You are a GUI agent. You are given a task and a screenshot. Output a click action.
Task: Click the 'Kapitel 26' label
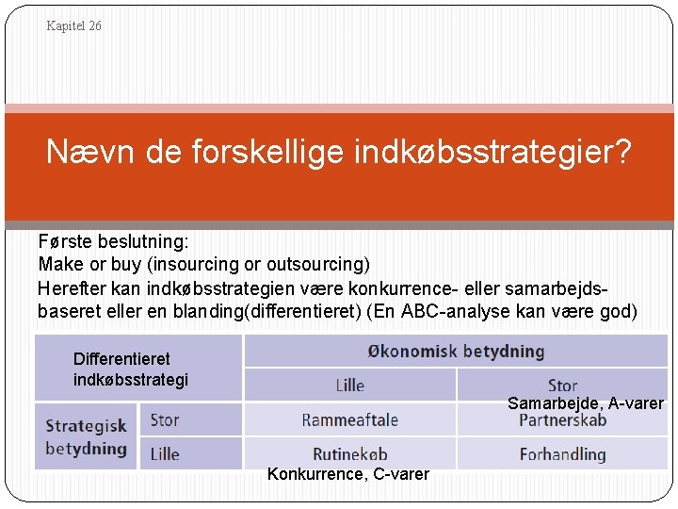point(73,26)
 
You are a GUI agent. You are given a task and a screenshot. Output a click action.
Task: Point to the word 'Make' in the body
point(57,264)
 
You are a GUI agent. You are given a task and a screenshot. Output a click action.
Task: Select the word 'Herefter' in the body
point(70,287)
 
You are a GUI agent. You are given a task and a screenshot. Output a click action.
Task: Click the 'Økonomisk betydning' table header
point(456,352)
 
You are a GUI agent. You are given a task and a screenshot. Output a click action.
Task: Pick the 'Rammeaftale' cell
point(349,419)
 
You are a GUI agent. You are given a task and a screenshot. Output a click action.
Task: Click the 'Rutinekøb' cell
point(349,453)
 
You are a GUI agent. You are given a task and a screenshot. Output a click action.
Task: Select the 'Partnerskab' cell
point(562,420)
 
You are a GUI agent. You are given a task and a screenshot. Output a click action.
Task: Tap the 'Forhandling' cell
point(562,454)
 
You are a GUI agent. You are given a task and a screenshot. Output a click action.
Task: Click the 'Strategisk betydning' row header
point(86,437)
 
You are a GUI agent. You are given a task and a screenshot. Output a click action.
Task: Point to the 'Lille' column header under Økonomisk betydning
point(349,386)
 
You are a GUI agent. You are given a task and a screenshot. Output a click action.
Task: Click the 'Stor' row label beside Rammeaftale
point(164,419)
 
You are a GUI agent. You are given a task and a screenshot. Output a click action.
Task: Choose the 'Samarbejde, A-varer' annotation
point(585,403)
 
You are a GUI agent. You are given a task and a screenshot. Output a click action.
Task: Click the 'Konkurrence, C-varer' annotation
point(347,474)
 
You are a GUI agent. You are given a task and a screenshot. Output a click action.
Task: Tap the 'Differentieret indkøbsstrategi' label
point(131,369)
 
